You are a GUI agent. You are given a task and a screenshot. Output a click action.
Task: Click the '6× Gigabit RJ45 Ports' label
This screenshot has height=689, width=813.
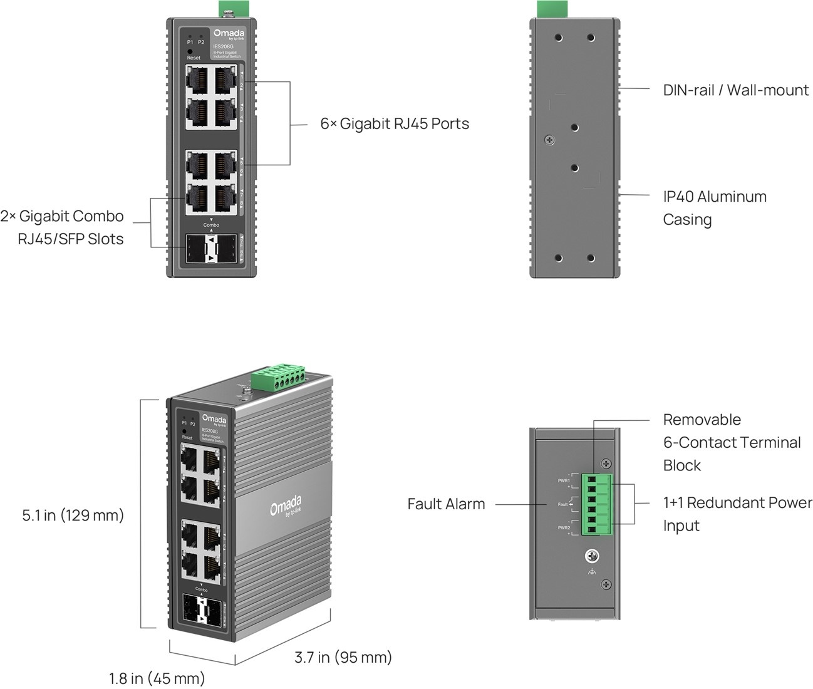(395, 124)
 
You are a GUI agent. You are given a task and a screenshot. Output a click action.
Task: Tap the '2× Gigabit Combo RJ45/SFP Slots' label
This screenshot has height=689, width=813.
(62, 227)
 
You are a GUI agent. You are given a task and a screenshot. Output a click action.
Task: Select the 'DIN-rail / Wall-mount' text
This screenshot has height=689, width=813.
(735, 90)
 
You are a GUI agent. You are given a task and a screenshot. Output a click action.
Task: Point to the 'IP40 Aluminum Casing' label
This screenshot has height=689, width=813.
(714, 208)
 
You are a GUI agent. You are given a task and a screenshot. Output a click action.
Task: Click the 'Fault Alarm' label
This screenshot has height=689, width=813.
(446, 504)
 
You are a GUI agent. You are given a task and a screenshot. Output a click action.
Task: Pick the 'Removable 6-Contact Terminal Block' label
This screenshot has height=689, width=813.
(732, 442)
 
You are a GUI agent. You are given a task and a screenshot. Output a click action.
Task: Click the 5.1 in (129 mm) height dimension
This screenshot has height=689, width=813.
(73, 515)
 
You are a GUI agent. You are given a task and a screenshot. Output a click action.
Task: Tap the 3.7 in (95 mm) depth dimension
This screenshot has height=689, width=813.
(343, 658)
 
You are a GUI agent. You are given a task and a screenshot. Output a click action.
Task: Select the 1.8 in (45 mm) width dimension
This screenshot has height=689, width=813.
(157, 678)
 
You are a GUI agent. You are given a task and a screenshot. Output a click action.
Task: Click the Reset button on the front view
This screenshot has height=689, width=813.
(190, 51)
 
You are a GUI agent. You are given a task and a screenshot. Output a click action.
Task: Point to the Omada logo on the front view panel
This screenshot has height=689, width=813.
(229, 34)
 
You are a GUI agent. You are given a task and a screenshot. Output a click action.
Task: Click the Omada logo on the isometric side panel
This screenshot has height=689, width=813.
(286, 505)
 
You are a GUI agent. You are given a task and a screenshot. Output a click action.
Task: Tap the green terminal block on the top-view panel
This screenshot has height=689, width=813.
(596, 504)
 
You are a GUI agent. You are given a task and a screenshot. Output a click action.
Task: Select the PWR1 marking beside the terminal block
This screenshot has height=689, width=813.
(564, 481)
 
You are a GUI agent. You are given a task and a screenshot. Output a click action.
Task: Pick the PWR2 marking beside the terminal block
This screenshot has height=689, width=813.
(564, 528)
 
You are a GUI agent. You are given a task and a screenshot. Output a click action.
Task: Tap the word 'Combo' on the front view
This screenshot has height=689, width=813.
(211, 225)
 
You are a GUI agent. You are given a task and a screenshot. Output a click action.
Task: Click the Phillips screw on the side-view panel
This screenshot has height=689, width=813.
(549, 140)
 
